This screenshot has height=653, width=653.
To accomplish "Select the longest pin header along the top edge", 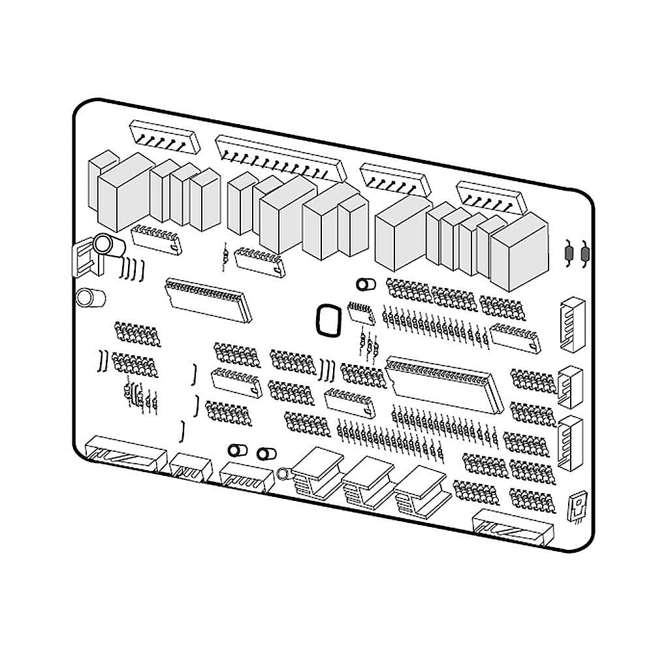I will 281,157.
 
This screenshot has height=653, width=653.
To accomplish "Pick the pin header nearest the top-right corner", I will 492,197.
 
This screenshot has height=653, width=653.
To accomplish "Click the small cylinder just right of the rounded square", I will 364,285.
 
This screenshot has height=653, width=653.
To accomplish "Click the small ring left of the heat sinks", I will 283,472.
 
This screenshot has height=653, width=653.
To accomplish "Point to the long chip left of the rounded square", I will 208,299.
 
